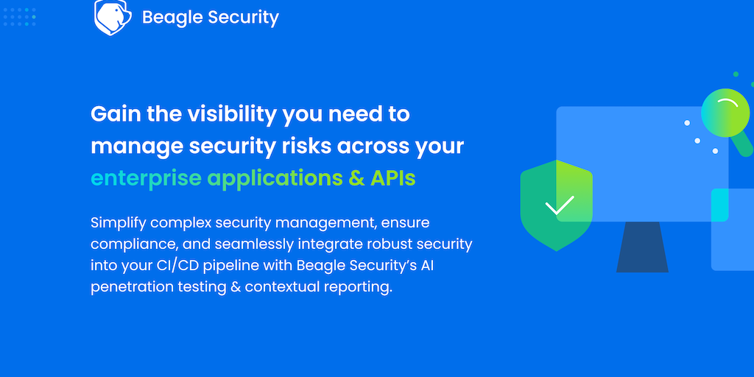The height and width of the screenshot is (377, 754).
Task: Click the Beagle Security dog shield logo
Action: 113,17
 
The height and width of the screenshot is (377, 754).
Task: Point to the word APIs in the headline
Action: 393,178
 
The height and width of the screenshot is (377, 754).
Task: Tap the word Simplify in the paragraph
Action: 120,224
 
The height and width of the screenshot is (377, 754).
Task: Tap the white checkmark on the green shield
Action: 560,205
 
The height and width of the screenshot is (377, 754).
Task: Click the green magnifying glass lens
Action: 725,113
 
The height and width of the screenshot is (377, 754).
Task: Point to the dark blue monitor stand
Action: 642,247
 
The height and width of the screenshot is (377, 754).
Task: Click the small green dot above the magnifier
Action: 736,74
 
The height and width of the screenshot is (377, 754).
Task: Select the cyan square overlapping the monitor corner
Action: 719,205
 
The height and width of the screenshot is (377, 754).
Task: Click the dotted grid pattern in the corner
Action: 19,17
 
